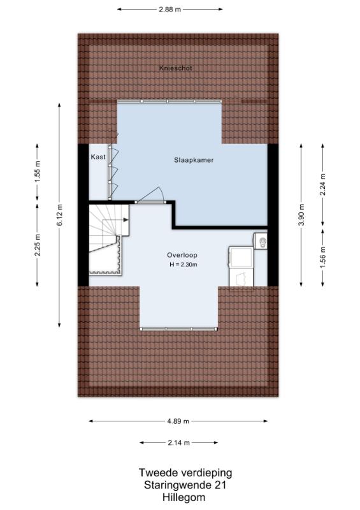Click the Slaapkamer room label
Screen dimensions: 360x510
pos(194,160)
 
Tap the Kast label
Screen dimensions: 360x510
pos(98,157)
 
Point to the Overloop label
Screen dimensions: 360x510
pos(182,256)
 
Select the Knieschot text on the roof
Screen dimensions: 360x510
pos(176,68)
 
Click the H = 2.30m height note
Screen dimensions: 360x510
pos(184,265)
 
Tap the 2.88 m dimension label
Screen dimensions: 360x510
pos(169,10)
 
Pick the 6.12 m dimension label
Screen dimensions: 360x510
pos(59,215)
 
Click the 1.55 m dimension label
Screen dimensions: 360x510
pos(38,172)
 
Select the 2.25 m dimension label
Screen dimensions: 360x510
pos(38,245)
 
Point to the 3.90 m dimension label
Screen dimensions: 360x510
pos(301,215)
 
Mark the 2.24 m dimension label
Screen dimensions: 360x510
pos(323,184)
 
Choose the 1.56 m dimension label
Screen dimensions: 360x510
pos(323,258)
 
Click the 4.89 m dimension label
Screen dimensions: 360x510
pos(178,421)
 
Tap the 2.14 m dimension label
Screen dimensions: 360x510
pos(179,442)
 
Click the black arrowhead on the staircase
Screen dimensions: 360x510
pos(126,220)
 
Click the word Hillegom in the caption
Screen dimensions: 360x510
pos(184,498)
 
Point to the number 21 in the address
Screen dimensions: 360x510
pos(220,485)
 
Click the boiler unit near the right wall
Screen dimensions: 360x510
pos(261,241)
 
